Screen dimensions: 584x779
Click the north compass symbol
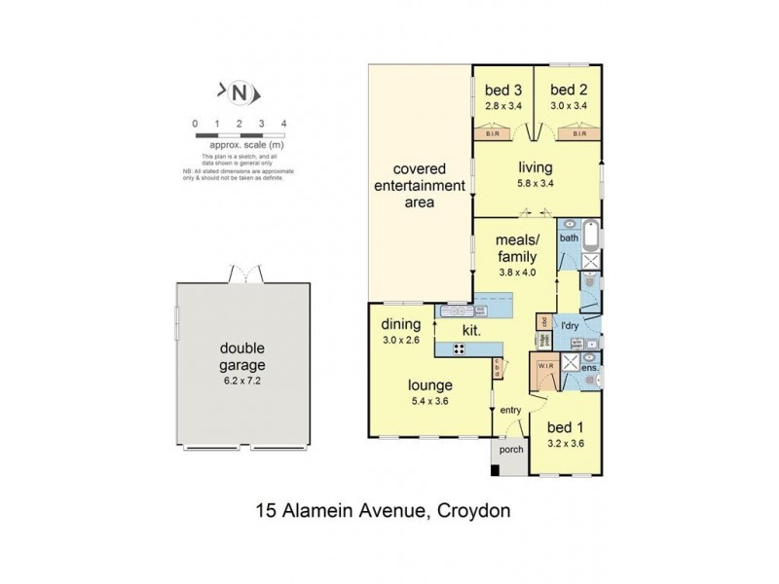coord(239,92)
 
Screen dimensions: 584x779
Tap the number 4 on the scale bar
coord(282,125)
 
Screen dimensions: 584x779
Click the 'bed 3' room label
coord(501,91)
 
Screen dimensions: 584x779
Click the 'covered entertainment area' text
coord(421,185)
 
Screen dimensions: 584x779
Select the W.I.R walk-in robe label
coord(542,367)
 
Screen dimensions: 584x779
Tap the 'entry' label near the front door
coord(511,410)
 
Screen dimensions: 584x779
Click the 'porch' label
coord(510,450)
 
